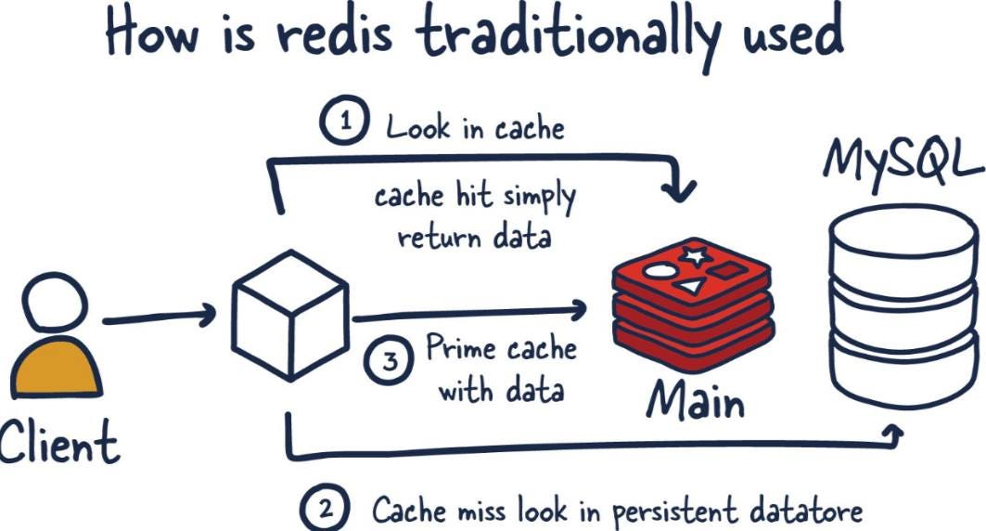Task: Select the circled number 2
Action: (325, 510)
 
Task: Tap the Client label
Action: (58, 443)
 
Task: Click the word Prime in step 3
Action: (461, 351)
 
